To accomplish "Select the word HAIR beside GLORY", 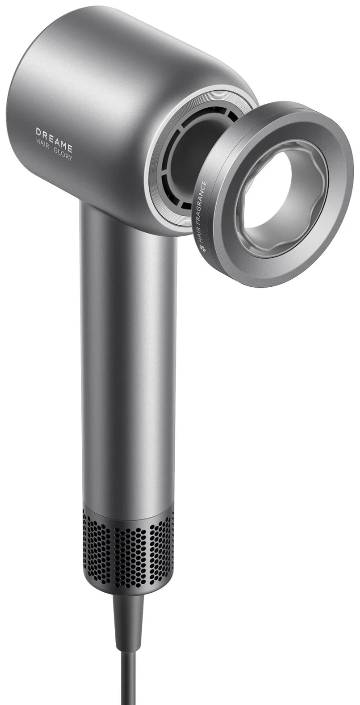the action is tap(42, 146).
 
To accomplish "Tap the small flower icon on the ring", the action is tap(200, 249).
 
